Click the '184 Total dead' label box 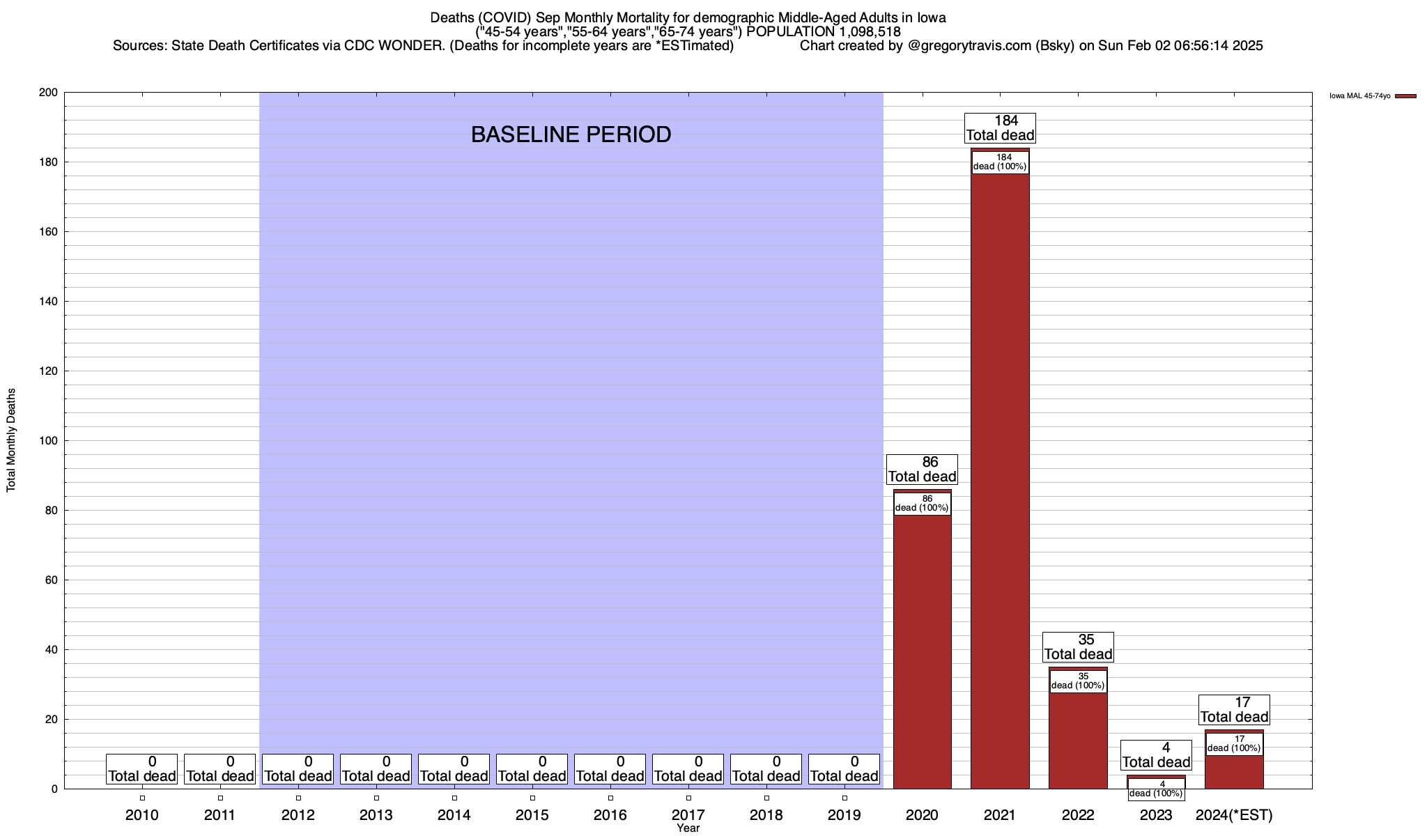pyautogui.click(x=1000, y=128)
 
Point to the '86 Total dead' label pyautogui.click(x=922, y=470)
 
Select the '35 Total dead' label pyautogui.click(x=1078, y=647)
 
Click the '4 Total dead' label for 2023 pyautogui.click(x=1156, y=755)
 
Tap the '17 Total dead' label pyautogui.click(x=1234, y=710)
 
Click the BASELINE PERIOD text pyautogui.click(x=571, y=134)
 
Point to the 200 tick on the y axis pyautogui.click(x=49, y=93)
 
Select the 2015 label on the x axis pyautogui.click(x=532, y=815)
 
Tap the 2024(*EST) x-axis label pyautogui.click(x=1234, y=815)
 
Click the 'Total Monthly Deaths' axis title pyautogui.click(x=11, y=440)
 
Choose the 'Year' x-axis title pyautogui.click(x=688, y=828)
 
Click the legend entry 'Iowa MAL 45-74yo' pyautogui.click(x=1359, y=96)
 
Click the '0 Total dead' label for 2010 pyautogui.click(x=142, y=769)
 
